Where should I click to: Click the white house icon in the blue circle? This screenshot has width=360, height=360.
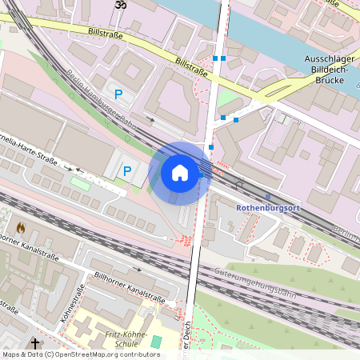coord(180,172)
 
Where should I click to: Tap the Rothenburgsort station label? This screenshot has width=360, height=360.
coord(267,208)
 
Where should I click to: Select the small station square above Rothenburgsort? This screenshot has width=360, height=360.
coord(267,196)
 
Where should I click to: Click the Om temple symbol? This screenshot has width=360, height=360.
coord(121,6)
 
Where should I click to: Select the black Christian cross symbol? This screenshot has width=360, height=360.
coord(35,342)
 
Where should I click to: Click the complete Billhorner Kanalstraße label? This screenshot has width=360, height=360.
coord(130,286)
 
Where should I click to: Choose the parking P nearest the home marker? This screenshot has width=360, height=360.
coord(126,170)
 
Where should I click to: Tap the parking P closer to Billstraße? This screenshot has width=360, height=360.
coord(118,94)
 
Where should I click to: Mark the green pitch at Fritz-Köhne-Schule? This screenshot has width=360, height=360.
coord(156,342)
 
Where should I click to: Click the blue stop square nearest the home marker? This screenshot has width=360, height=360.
coord(211,147)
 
